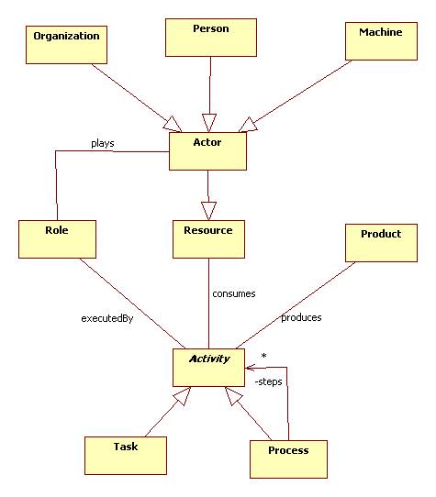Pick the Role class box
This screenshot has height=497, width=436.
(x=57, y=238)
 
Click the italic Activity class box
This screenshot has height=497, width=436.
(x=209, y=367)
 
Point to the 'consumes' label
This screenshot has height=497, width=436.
(x=233, y=293)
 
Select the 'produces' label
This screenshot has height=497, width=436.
(x=301, y=317)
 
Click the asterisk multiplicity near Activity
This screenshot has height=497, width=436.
(x=263, y=355)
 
